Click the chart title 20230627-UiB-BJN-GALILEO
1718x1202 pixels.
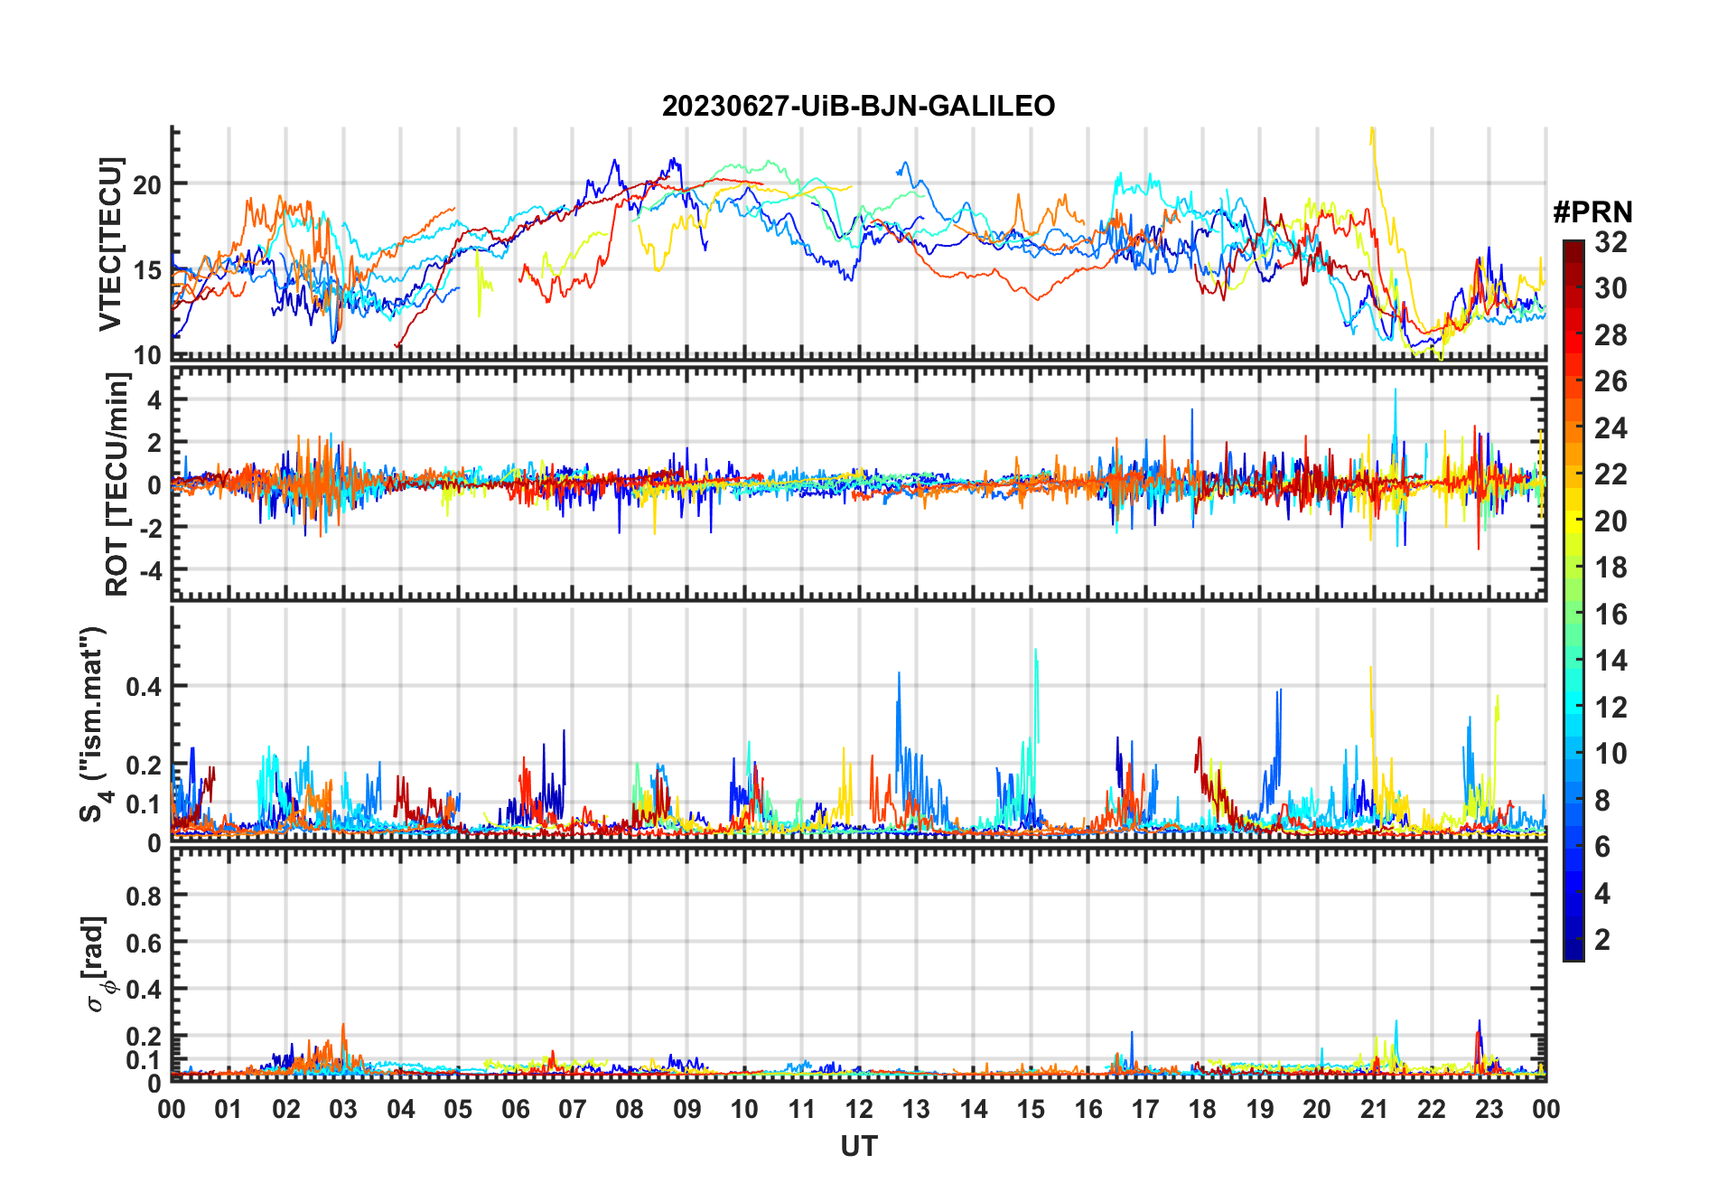pos(858,107)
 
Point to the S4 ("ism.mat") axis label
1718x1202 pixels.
pos(93,725)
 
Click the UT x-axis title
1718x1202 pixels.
pos(858,1147)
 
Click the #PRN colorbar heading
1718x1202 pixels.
pos(1592,212)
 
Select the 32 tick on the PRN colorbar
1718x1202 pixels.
pos(1611,242)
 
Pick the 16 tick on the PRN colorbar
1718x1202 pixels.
pos(1611,615)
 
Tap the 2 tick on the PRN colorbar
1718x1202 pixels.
pos(1602,940)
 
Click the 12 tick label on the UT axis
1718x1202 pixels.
pos(859,1109)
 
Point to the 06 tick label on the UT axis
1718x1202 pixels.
pos(516,1109)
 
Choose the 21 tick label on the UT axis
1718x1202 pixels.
pos(1374,1109)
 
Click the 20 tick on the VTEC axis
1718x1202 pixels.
pos(147,184)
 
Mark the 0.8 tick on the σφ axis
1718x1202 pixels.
pos(144,896)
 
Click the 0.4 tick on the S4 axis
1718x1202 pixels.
pos(144,687)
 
